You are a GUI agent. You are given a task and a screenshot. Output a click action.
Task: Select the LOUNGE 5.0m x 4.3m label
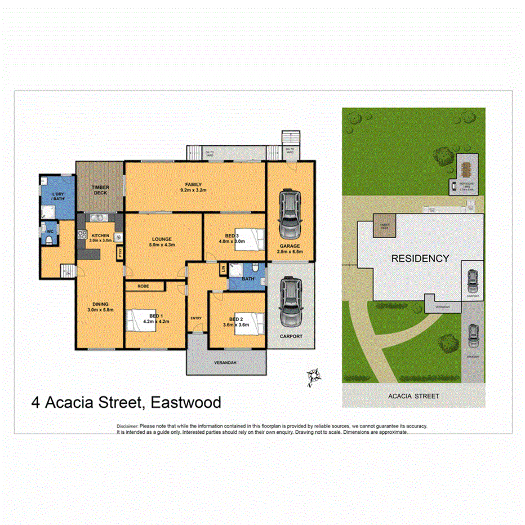[162, 242]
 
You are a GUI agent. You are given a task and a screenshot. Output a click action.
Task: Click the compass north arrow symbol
[312, 377]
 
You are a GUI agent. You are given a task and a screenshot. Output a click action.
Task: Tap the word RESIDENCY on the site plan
[420, 259]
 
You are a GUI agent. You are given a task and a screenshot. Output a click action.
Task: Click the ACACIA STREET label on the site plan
[413, 396]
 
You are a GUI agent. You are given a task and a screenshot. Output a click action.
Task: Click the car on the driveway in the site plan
[473, 336]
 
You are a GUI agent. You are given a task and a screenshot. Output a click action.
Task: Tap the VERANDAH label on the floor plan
[225, 363]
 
